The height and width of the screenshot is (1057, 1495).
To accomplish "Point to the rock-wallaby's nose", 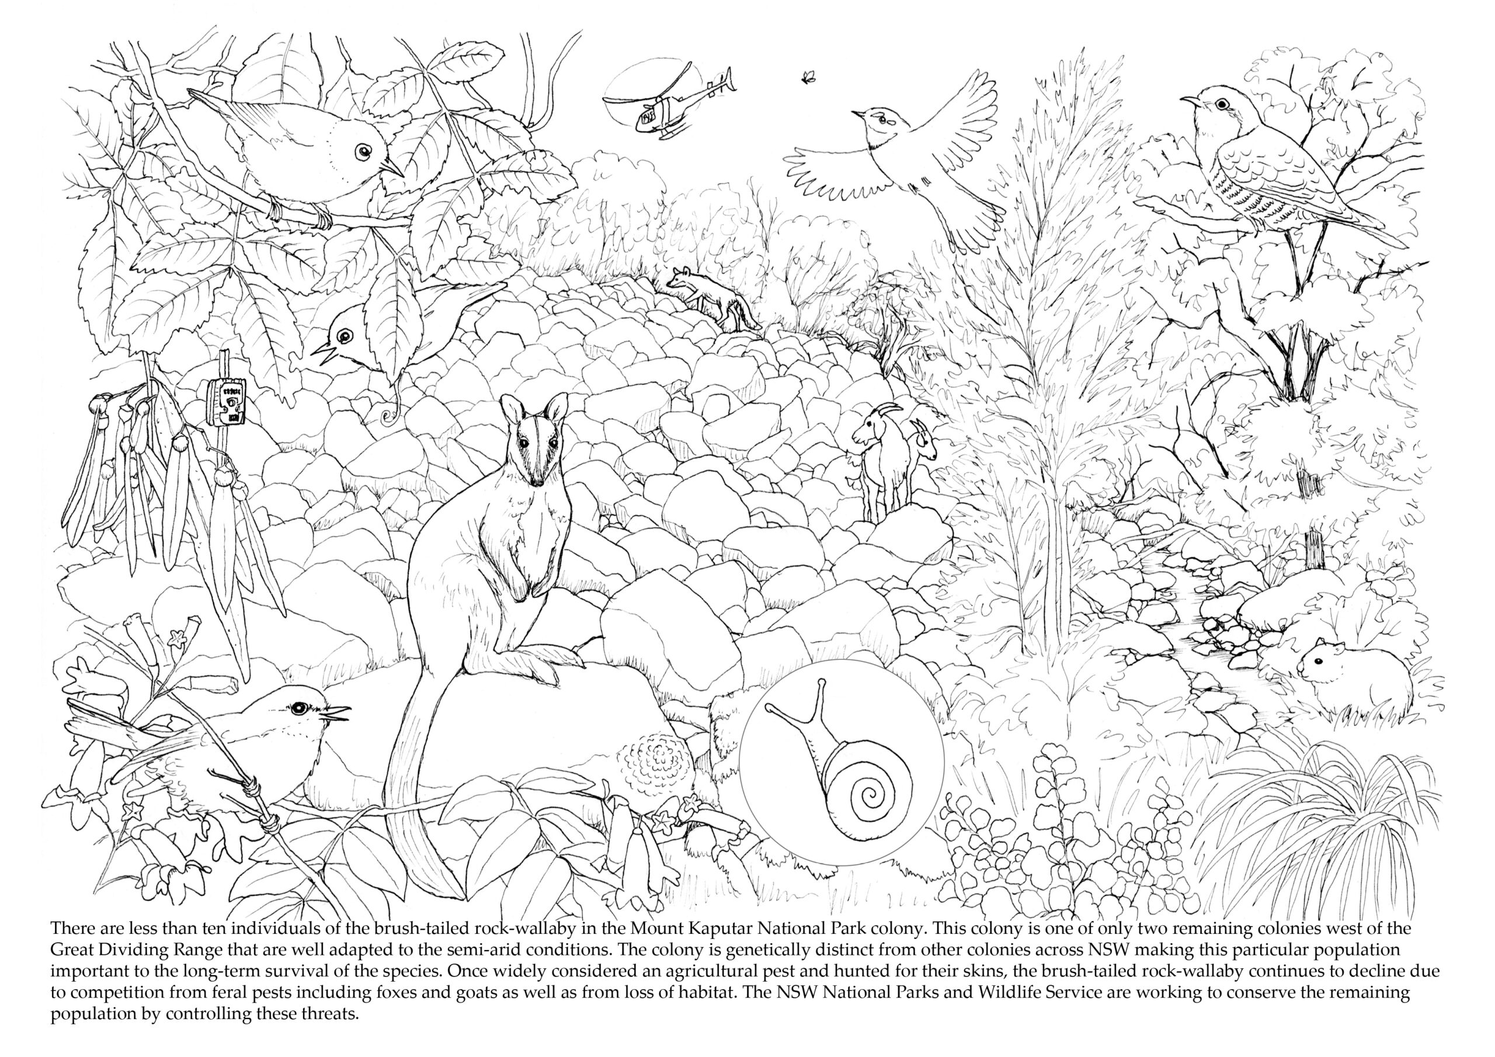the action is coord(537,481).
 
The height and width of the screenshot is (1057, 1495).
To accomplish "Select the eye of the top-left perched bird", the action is coord(363,151).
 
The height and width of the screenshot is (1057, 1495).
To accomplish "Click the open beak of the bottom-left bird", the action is coord(340,713).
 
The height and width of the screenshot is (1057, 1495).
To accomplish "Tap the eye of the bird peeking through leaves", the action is coord(345,335).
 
